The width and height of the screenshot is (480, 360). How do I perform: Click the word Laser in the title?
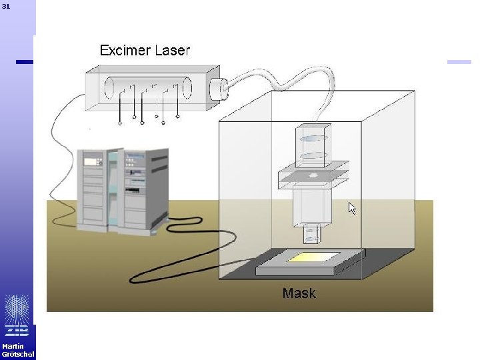coord(173,50)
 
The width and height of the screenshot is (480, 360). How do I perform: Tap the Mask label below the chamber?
coord(299,293)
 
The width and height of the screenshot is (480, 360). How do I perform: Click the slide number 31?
coord(6,6)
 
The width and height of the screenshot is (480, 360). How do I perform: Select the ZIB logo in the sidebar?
coord(17,314)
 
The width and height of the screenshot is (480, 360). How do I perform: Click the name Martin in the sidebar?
coord(13,346)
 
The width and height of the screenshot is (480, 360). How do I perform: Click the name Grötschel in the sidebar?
coord(17,354)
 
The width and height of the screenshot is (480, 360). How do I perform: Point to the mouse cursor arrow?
coord(352,208)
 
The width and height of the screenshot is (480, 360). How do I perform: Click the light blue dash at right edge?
coord(459,62)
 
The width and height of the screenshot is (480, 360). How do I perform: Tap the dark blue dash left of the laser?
coord(24,62)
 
